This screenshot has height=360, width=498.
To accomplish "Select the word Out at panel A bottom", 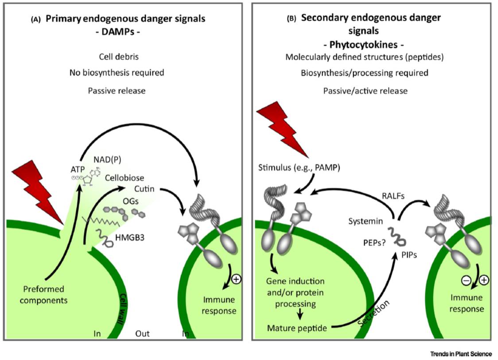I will click(142, 333).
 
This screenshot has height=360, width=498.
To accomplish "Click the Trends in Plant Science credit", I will click(460, 354).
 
